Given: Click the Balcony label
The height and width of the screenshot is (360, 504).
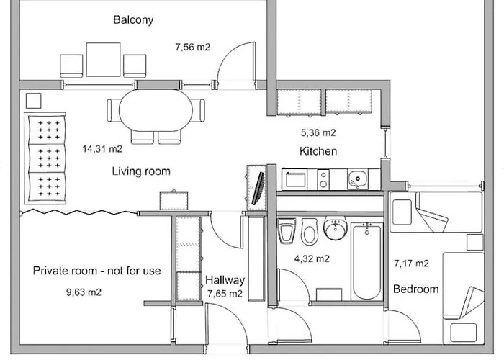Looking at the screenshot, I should (133, 20).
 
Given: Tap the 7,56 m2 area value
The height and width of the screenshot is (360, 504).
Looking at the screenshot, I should (192, 48).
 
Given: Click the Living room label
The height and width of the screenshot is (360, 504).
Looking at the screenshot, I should (141, 171).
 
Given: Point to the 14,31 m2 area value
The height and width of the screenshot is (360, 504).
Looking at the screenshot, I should (102, 150).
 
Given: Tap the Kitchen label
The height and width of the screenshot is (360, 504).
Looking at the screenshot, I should (318, 151).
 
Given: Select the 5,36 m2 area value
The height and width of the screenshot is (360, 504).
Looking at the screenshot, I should (318, 132).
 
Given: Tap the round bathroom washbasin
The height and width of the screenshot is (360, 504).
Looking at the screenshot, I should (335, 230).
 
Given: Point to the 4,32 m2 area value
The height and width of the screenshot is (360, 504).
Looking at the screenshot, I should (312, 258).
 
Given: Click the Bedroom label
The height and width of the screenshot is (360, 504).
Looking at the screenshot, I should (415, 289).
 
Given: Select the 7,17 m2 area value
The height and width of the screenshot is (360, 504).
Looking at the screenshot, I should (411, 263).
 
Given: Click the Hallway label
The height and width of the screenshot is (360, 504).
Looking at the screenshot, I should (225, 280).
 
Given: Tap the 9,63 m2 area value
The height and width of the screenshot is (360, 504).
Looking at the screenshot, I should (84, 293).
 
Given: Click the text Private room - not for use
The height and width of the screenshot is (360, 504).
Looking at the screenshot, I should (97, 271).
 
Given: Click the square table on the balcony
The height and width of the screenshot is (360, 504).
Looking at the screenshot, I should (104, 58).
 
